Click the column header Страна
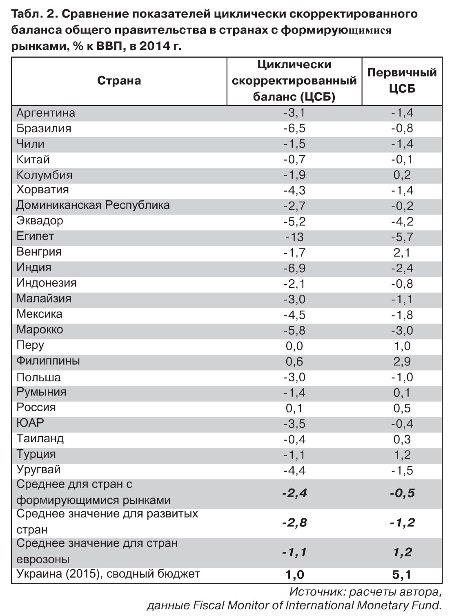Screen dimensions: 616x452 coord(119,81)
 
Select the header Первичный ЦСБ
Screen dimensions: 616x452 coord(402,81)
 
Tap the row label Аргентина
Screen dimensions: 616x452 coord(46,113)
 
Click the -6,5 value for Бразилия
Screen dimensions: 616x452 coord(294,128)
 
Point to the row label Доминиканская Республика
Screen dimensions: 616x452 coord(93,205)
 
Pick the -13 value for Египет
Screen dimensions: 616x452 coord(294,237)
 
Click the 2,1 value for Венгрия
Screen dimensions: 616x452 coord(402,253)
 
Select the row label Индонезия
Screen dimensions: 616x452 coord(46,283)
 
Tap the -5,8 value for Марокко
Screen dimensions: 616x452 coord(294,330)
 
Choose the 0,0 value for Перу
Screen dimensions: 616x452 coord(294,346)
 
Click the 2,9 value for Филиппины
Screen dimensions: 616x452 coord(402,361)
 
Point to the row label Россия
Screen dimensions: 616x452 coord(36,408)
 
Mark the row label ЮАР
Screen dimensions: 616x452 coord(30,423)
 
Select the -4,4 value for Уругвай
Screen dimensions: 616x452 coord(294,470)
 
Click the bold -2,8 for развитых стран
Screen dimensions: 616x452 coord(294,522)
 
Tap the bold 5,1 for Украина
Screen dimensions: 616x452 coord(402,575)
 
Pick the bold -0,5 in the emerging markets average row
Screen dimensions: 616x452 coord(402,493)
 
